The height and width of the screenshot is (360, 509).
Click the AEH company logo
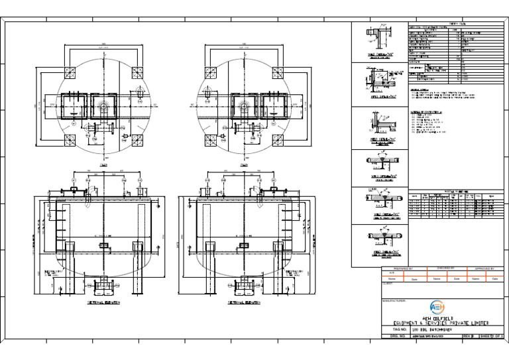pos(437,307)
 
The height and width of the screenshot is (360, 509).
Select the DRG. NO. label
pos(396,336)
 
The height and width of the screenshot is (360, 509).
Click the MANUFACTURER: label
pos(394,300)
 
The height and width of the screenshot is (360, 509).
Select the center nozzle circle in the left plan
pos(105,105)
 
